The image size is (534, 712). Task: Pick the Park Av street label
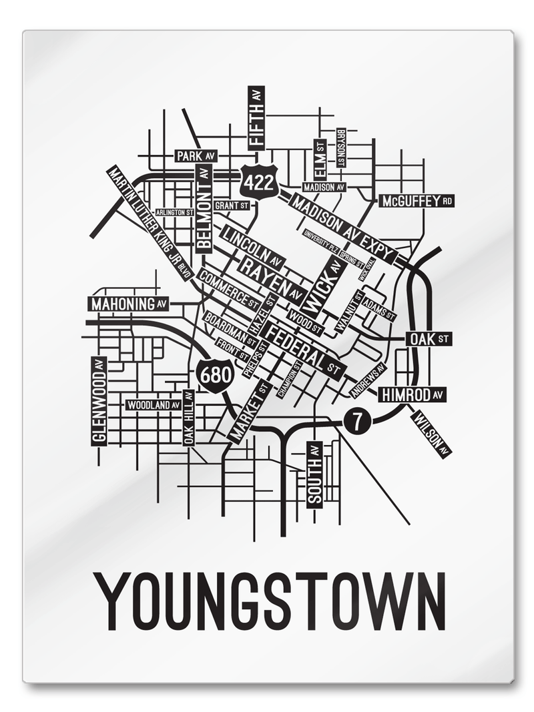[x=196, y=155]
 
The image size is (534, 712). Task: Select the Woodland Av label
[x=154, y=405]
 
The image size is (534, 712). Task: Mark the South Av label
[x=314, y=474]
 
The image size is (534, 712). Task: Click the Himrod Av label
[x=413, y=395]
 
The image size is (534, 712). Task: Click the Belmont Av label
[x=204, y=207]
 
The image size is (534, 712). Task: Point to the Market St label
[x=250, y=411]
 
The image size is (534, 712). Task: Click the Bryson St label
[x=341, y=148]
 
